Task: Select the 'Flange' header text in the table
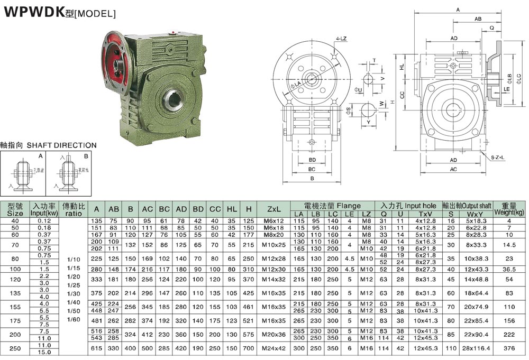coord(348,206)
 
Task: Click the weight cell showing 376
coord(509,348)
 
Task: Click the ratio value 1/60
coord(74,319)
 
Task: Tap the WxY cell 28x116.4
coord(476,348)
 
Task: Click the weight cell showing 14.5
coord(509,245)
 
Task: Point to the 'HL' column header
coord(231,209)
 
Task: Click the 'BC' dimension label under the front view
coord(312,169)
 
